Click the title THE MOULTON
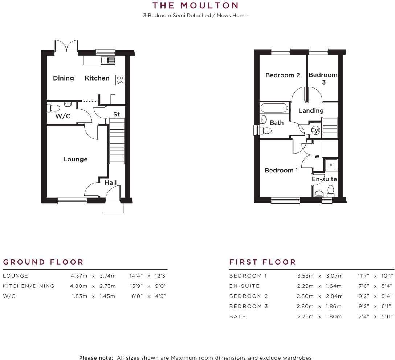[195, 5]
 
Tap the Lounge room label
[76, 159]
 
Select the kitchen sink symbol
[108, 60]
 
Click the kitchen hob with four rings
[120, 80]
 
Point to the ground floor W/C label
[63, 116]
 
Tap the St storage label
[116, 114]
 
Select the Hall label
[110, 183]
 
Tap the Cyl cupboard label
[315, 130]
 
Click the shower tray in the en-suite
[331, 165]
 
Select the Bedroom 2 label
[282, 75]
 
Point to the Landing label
[311, 111]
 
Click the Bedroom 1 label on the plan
[281, 171]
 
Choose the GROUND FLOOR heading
[43, 262]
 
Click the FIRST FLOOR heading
[263, 262]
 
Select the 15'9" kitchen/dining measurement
[137, 286]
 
